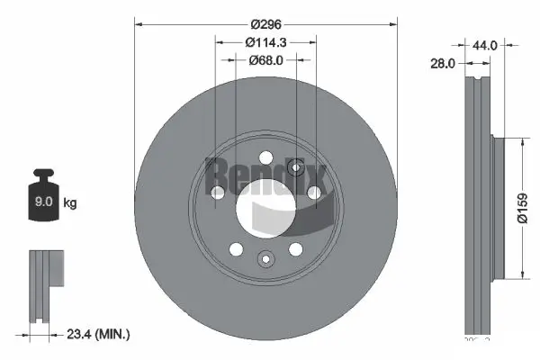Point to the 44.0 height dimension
486,43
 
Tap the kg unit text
70,203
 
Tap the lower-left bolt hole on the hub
236,249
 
